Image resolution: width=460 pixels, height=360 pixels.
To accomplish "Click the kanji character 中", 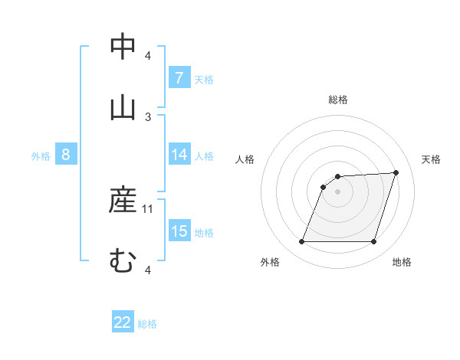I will (123, 47).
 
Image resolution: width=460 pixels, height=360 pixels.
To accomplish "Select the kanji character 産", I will (123, 200).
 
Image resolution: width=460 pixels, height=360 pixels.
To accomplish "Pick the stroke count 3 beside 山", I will (148, 116).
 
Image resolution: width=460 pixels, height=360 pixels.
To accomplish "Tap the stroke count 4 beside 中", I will (148, 56).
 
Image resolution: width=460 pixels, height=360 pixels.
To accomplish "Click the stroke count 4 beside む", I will (148, 270).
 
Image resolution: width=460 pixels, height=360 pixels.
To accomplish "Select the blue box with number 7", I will (179, 77).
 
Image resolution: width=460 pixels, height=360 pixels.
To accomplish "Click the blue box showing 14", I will (179, 155).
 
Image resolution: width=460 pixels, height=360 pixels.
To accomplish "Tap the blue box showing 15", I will (179, 231).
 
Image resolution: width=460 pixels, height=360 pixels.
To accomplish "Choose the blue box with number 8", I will (66, 155).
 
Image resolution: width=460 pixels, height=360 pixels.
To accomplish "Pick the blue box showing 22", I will (123, 322).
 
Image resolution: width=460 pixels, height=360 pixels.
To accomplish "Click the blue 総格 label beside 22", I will (147, 324).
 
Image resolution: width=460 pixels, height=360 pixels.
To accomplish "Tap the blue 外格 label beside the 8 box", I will (41, 156).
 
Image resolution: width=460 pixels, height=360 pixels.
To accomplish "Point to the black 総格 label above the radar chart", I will (338, 100).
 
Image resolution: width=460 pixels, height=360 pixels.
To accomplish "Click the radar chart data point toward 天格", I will (396, 173).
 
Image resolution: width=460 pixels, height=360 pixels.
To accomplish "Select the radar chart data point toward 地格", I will (373, 242).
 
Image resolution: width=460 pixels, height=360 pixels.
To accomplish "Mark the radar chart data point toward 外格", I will (301, 242).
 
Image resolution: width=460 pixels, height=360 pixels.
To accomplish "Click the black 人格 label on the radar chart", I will (245, 159).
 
